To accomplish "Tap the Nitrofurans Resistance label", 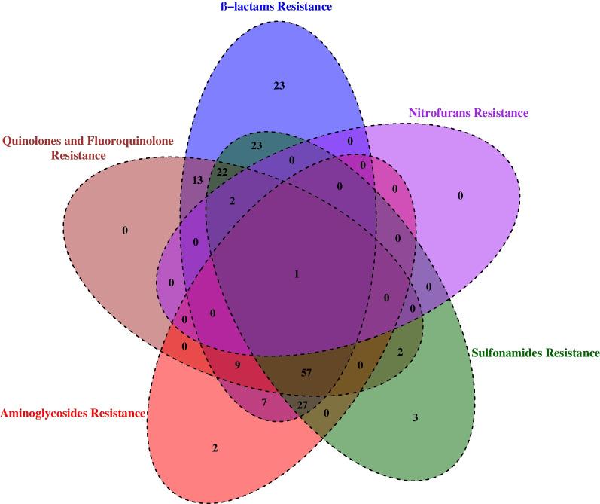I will (x=468, y=114).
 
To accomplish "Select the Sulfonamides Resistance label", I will (x=535, y=353).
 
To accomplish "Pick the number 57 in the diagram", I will (x=306, y=372).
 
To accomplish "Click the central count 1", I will (x=297, y=275).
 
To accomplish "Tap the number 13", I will (x=197, y=181).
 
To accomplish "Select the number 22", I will (x=222, y=173).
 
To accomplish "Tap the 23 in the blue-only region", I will (x=278, y=86).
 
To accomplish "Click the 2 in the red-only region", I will (x=215, y=448).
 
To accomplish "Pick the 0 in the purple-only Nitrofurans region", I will (x=460, y=197).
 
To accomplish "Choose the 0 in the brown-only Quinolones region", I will (x=125, y=229).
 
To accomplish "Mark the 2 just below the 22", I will (x=233, y=200).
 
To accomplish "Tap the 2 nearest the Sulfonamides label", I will (x=401, y=352).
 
